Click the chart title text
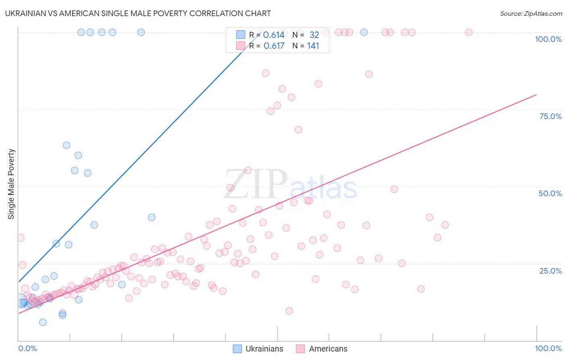coord(138,13)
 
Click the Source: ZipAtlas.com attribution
coord(531,14)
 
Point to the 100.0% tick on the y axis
coord(548,39)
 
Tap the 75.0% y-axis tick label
coord(550,116)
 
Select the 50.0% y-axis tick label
coord(550,193)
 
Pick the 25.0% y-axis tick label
coord(550,271)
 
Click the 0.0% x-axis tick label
coord(27,348)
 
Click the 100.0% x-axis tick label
coord(548,348)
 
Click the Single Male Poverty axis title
coord(11,184)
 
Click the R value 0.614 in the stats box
coord(274,35)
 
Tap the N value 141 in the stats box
coord(313,46)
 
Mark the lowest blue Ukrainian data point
coord(43,322)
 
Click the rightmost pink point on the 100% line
coord(469,32)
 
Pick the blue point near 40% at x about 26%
coord(152,218)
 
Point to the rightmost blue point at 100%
coord(364,32)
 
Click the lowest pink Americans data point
coord(289,311)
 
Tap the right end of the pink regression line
coord(536,94)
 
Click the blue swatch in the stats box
coord(241,35)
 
